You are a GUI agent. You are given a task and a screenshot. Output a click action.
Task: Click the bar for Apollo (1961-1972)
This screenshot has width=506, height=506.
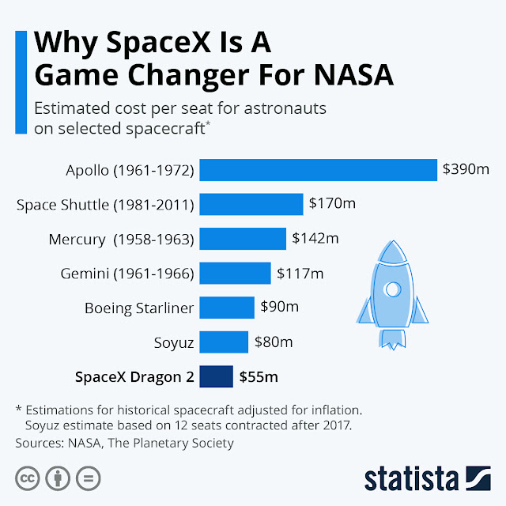pyautogui.click(x=318, y=169)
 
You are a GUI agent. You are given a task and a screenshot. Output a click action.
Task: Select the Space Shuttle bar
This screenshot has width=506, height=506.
pyautogui.click(x=251, y=204)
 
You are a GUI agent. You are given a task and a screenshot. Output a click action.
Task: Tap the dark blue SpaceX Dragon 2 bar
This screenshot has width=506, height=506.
pyautogui.click(x=216, y=377)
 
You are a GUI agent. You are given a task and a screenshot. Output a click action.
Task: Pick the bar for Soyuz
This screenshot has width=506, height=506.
pyautogui.click(x=224, y=342)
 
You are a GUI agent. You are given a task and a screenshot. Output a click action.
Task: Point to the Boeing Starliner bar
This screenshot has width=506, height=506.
pyautogui.click(x=227, y=308)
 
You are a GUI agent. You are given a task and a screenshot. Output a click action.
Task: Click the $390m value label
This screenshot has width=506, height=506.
pyautogui.click(x=466, y=168)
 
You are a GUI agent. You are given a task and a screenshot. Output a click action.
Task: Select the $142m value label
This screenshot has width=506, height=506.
pyautogui.click(x=315, y=238)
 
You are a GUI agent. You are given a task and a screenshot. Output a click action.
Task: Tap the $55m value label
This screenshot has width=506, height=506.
pyautogui.click(x=259, y=377)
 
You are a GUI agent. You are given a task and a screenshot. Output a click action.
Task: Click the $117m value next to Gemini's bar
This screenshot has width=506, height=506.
pyautogui.click(x=300, y=273)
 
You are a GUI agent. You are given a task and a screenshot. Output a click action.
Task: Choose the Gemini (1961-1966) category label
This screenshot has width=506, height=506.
pyautogui.click(x=127, y=274)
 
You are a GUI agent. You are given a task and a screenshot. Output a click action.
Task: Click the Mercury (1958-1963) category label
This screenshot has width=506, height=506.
pyautogui.click(x=121, y=239)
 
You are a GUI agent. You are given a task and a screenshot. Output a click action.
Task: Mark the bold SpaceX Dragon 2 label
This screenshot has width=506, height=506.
pyautogui.click(x=134, y=377)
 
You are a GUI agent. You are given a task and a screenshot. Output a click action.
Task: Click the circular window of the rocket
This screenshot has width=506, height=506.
pyautogui.click(x=391, y=290)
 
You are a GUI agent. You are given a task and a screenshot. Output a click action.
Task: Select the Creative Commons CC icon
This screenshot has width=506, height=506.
pyautogui.click(x=27, y=479)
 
